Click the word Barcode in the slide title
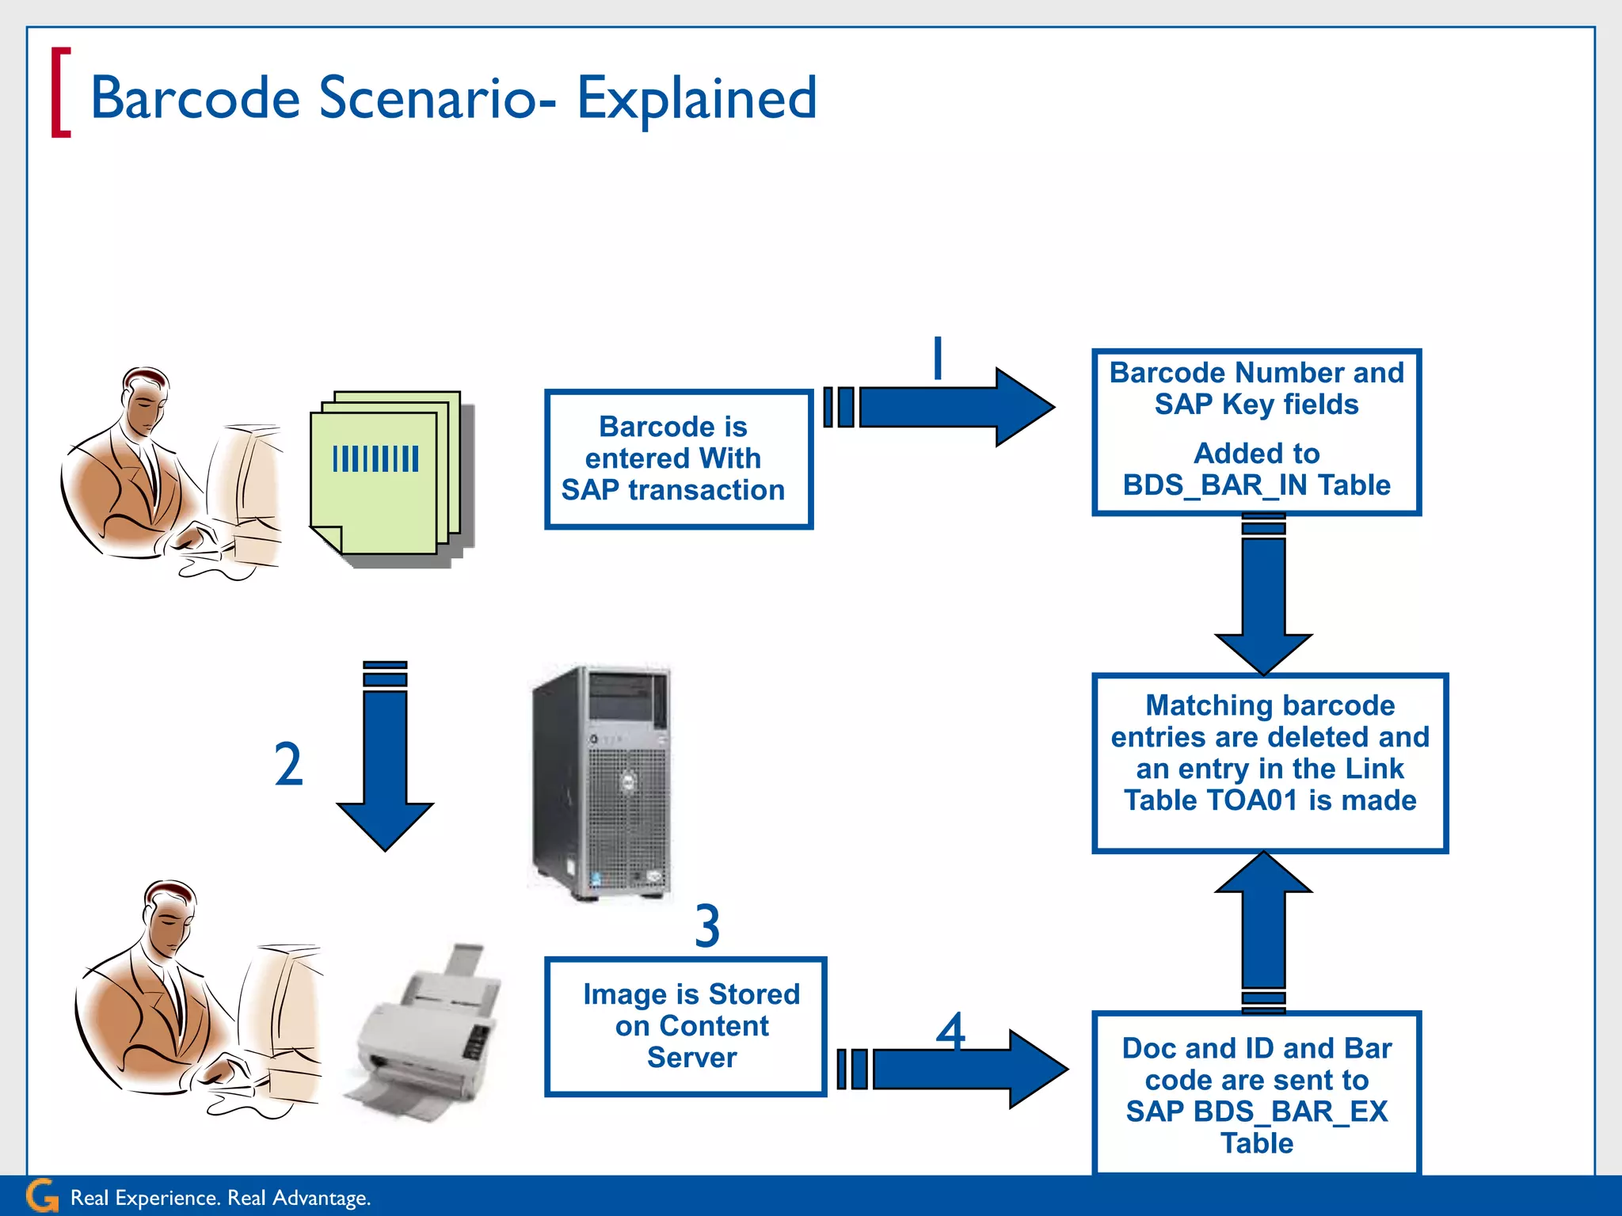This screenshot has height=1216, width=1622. (196, 98)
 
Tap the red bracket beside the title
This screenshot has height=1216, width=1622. (60, 93)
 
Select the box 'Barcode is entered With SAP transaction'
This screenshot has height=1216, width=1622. (679, 459)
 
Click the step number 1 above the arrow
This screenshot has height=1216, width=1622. (938, 358)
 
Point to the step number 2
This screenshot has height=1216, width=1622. (288, 765)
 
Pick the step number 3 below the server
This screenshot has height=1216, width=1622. (707, 926)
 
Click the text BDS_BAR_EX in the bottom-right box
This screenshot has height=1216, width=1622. (1290, 1112)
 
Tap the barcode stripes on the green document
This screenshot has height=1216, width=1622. (375, 459)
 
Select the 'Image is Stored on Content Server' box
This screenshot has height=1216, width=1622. (686, 1027)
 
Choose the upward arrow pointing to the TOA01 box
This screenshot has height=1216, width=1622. (1263, 926)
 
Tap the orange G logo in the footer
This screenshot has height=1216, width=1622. (42, 1196)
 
